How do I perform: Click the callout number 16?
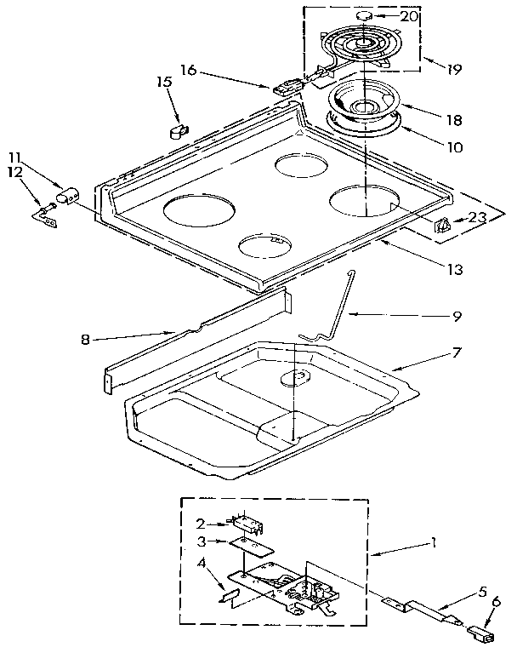coord(188,71)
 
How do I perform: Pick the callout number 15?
coord(164,83)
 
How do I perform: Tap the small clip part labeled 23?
coord(443,226)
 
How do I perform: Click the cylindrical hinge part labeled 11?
coord(65,199)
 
